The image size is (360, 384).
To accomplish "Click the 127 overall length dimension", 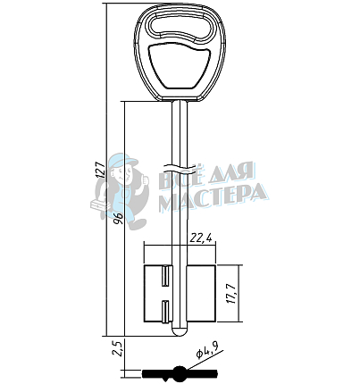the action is (101, 170).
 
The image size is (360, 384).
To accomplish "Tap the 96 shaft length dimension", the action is (119, 219).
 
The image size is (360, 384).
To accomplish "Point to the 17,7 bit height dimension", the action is (232, 294).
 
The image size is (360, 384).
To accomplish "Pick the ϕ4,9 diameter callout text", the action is (207, 350).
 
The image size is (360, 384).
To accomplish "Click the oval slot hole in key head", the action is (181, 28).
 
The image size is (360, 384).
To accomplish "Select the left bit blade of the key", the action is (158, 293).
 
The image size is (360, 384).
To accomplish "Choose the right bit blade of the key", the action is (201, 293).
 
